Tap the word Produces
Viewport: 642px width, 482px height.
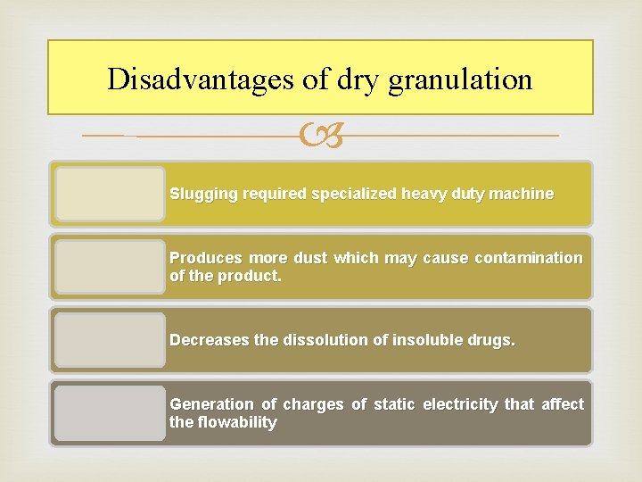[203, 258]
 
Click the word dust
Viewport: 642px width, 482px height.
[310, 258]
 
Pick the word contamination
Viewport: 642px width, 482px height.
[529, 258]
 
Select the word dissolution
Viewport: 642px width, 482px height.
[324, 340]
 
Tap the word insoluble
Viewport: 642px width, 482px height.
[424, 340]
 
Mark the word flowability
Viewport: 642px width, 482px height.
[235, 422]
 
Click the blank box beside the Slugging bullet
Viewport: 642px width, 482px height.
[110, 194]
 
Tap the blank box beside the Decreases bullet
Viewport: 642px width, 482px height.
[110, 340]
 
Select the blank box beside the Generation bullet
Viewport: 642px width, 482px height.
[110, 413]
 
